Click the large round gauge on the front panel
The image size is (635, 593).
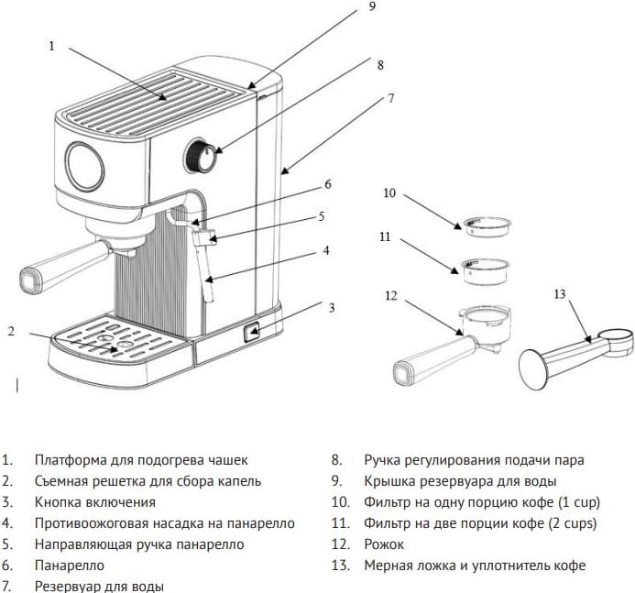[82, 166]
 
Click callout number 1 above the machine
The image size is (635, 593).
[51, 45]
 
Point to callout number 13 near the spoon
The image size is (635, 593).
[561, 293]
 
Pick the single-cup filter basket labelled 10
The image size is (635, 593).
[486, 225]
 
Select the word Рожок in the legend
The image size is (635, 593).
[384, 544]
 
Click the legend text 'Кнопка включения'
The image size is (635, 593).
[95, 502]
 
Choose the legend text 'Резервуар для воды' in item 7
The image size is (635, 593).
[99, 586]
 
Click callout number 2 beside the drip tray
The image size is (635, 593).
[11, 331]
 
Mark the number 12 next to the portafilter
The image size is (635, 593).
[391, 295]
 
